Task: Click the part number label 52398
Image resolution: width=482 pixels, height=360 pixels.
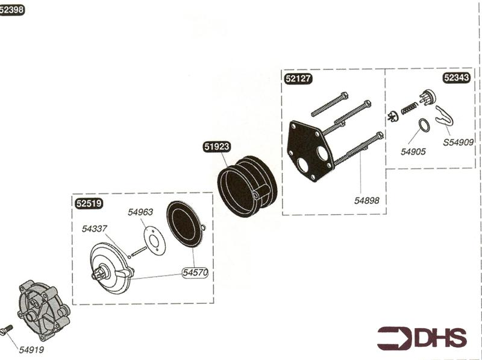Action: tap(12, 10)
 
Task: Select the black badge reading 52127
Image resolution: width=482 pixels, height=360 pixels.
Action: tap(299, 78)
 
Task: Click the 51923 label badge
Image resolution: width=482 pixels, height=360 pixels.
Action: tap(217, 147)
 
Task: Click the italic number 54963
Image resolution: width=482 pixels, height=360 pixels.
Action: tap(140, 212)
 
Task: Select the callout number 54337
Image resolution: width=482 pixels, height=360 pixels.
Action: tap(95, 228)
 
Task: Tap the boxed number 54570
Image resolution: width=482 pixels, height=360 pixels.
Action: tap(195, 273)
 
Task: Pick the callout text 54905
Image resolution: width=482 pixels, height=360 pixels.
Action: tap(413, 152)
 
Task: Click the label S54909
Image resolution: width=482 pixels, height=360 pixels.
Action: tap(459, 143)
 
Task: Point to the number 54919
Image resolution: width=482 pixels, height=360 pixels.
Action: tap(31, 349)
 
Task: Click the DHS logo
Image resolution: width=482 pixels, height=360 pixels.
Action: tap(422, 338)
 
